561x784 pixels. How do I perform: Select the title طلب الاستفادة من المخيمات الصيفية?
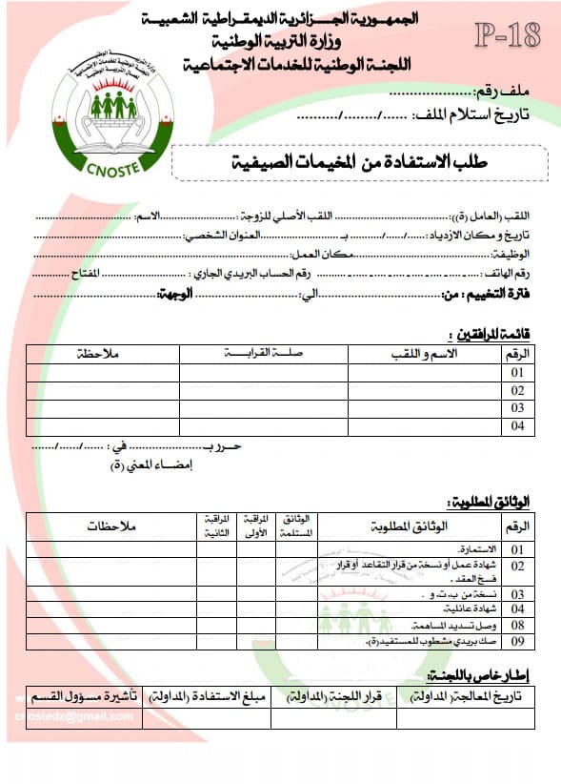click(359, 163)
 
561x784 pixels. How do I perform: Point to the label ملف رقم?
click(500, 93)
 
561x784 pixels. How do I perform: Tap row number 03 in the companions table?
click(517, 407)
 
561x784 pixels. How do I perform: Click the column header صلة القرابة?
click(263, 355)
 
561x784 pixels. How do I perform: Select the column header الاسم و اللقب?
click(424, 355)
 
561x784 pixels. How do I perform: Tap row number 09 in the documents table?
click(517, 641)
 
